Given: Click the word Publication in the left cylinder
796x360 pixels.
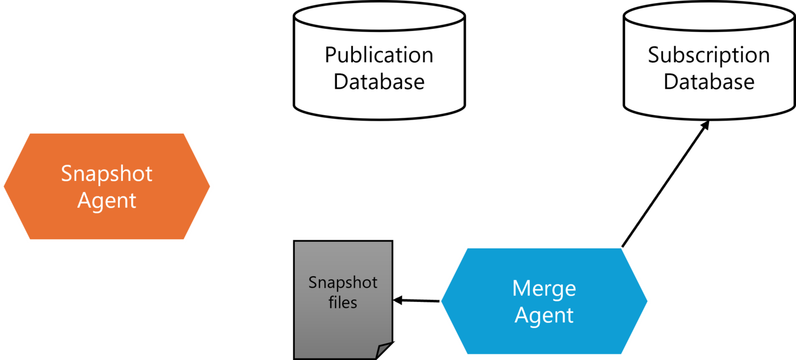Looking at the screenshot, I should pyautogui.click(x=379, y=55).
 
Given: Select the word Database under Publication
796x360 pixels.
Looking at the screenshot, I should pyautogui.click(x=379, y=82).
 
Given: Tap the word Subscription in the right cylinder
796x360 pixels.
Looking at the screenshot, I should pyautogui.click(x=708, y=55).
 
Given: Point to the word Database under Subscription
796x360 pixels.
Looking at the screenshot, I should pyautogui.click(x=708, y=82).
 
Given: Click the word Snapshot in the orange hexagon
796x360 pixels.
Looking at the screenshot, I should pyautogui.click(x=107, y=174).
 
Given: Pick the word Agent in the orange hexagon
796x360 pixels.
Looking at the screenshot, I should pyautogui.click(x=107, y=200).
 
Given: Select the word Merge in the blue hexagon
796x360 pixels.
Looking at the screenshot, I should pyautogui.click(x=544, y=289).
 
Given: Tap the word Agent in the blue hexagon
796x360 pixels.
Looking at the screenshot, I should pyautogui.click(x=544, y=315).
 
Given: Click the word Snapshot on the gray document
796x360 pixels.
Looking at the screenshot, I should pyautogui.click(x=343, y=283).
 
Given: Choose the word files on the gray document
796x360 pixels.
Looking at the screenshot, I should pyautogui.click(x=343, y=302).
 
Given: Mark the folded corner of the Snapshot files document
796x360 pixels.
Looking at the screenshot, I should pyautogui.click(x=383, y=351).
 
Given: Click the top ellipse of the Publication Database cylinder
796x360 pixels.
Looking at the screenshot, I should pyautogui.click(x=379, y=18).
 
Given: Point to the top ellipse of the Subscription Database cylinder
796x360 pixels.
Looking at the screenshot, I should pyautogui.click(x=708, y=18).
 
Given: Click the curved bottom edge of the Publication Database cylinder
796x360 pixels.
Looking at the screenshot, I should pyautogui.click(x=379, y=116).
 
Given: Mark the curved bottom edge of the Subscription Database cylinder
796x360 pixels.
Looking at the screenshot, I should pyautogui.click(x=708, y=116).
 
